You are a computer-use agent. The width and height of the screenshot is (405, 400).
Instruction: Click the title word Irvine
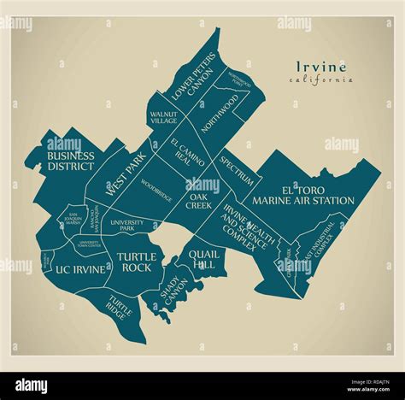[x=322, y=67]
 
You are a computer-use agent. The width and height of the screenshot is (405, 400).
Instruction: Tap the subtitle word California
[x=321, y=80]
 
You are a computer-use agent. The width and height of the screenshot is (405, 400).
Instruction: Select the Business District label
[x=70, y=161]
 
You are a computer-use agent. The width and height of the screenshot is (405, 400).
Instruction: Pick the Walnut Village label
[x=164, y=117]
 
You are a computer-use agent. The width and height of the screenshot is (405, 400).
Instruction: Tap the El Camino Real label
[x=186, y=152]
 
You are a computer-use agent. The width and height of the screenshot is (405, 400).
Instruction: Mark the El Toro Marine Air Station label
[x=307, y=195]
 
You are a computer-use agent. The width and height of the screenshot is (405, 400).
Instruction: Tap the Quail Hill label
[x=204, y=259]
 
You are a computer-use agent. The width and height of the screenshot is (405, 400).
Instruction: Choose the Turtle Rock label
[x=135, y=262]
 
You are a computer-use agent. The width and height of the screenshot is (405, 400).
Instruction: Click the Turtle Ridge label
[x=119, y=304]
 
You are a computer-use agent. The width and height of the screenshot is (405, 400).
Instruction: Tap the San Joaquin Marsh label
[x=73, y=219]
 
